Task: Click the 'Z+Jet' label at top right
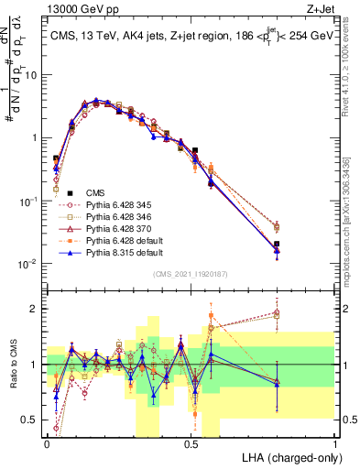pyautogui.click(x=319, y=8)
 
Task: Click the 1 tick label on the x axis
pyautogui.click(x=335, y=444)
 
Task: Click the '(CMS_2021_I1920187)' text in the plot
pyautogui.click(x=191, y=274)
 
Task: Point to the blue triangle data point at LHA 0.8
pyautogui.click(x=277, y=250)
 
